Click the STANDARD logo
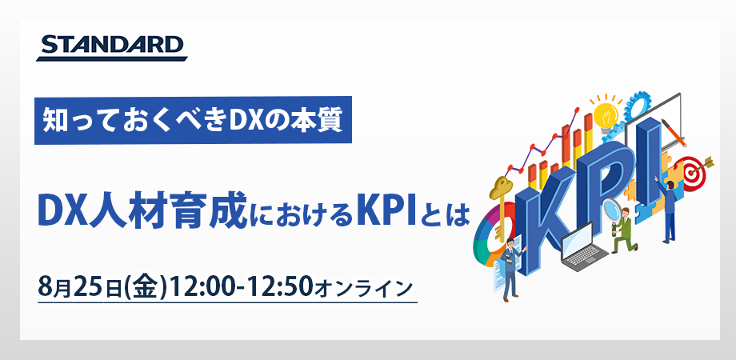(x=111, y=47)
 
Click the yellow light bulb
(x=606, y=108)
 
